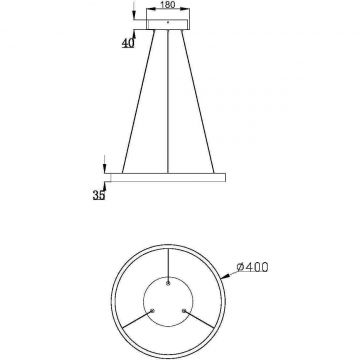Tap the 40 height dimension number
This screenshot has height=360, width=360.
(x=127, y=43)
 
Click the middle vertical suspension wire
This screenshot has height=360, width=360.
(x=168, y=100)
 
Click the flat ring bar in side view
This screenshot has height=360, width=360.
(x=168, y=177)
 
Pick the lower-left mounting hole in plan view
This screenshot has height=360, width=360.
(x=152, y=308)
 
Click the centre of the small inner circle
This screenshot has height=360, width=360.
(x=167, y=300)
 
